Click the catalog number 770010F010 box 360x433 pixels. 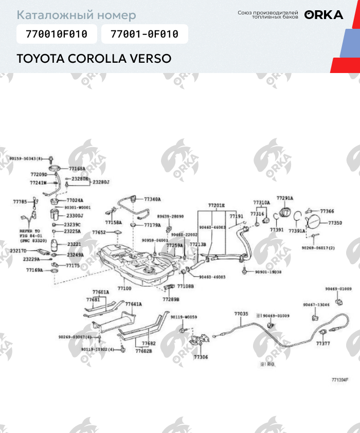coord(53,34)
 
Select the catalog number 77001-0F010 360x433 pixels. coord(145,34)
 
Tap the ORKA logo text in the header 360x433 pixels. coord(323,15)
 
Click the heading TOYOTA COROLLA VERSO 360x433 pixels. coord(94,58)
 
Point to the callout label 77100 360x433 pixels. coord(124,288)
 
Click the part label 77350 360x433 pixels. coord(335,223)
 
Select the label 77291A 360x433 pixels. coord(285,198)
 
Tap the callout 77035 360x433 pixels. coord(241,314)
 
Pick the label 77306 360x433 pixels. coord(201,356)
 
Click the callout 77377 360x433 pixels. coord(323,343)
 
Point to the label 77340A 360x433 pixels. coord(152,199)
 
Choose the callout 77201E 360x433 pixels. coord(217,205)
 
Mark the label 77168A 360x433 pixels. coord(77,168)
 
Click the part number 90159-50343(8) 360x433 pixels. coord(29,158)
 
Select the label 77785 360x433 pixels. coord(20,202)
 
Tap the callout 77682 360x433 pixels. coord(149,344)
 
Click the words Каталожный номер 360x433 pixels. coord(77,15)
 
